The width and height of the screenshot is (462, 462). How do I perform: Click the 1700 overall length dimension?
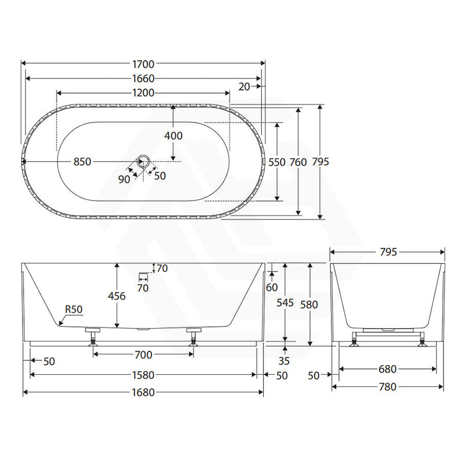(x=143, y=64)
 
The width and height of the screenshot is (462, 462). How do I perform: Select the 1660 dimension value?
(x=143, y=79)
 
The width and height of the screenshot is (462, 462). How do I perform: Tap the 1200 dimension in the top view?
(x=143, y=93)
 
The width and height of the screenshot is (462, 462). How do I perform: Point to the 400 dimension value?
(x=173, y=136)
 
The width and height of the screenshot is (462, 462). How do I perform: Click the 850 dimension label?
(x=82, y=162)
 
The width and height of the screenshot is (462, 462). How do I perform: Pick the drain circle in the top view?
(x=144, y=161)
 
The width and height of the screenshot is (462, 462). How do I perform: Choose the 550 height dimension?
(x=277, y=162)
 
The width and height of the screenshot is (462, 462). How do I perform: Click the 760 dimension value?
(x=298, y=162)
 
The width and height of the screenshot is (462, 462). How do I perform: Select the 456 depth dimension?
(x=117, y=296)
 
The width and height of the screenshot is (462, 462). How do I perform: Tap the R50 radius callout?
(x=74, y=310)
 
